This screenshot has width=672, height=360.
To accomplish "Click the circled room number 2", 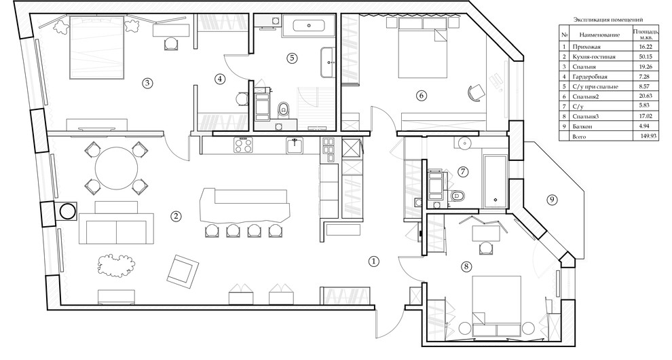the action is click(175, 216).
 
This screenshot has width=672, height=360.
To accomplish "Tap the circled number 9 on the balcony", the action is click(553, 200).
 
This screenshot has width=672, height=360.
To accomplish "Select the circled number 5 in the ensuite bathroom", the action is click(291, 58).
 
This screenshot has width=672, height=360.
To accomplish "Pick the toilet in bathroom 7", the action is click(458, 196).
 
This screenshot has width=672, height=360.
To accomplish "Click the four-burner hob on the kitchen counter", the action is click(244, 145).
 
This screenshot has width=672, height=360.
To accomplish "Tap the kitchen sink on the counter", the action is click(295, 145).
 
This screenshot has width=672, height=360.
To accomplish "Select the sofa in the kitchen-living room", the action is click(115, 228).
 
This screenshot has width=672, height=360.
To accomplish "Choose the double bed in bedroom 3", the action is click(97, 47).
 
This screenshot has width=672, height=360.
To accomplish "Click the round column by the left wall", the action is click(67, 211).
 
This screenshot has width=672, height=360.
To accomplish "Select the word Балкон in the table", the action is click(582, 126).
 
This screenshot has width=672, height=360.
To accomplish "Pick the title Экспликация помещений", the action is click(608, 20).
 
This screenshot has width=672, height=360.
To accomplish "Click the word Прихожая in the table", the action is click(586, 47).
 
